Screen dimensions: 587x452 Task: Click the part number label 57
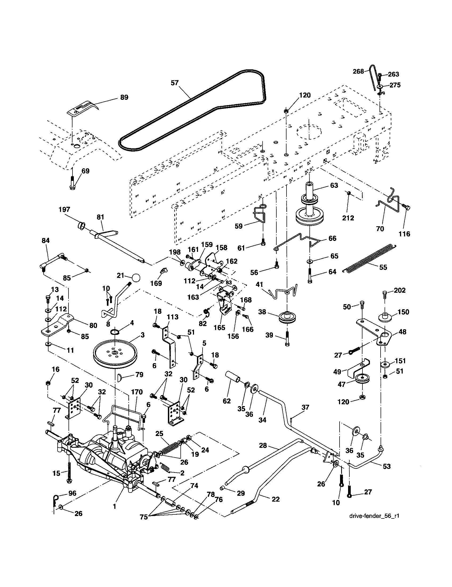pos(175,83)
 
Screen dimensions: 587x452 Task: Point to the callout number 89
pos(124,97)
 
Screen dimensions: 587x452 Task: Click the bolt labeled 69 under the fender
pos(72,184)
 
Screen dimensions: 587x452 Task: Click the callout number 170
pos(137,392)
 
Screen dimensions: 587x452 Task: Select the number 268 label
pos(358,71)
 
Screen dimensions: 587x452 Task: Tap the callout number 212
pos(348,218)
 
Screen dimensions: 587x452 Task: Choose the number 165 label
pos(219,328)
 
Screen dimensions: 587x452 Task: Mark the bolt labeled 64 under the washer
pos(310,275)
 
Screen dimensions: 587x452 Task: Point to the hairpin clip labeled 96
pos(55,499)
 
